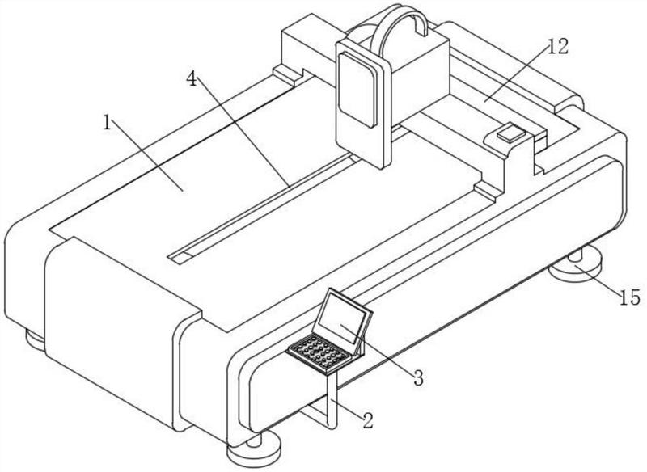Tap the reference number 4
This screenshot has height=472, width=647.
pyautogui.click(x=191, y=78)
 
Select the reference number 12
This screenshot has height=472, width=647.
pyautogui.click(x=557, y=47)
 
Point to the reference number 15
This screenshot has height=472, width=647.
pyautogui.click(x=629, y=298)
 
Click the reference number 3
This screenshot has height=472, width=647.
pyautogui.click(x=418, y=377)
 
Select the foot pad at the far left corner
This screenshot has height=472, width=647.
pyautogui.click(x=36, y=338)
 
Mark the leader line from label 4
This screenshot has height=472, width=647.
pyautogui.click(x=243, y=133)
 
